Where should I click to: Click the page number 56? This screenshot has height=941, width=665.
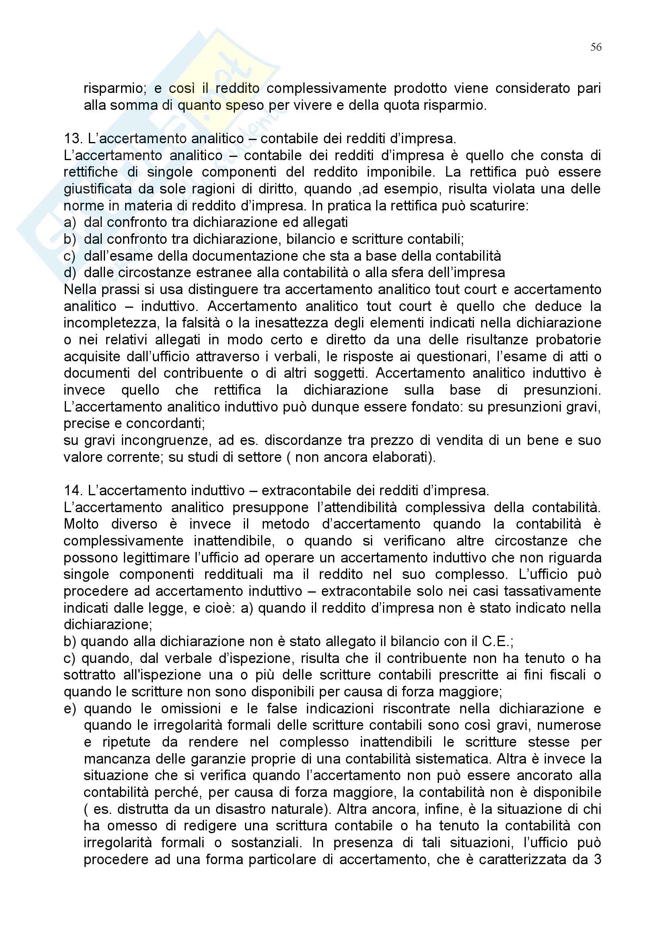coord(596,47)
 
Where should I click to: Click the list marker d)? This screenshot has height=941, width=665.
coord(70,272)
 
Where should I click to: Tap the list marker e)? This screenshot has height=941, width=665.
coord(70,708)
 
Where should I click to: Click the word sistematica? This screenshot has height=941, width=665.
coord(451,759)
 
